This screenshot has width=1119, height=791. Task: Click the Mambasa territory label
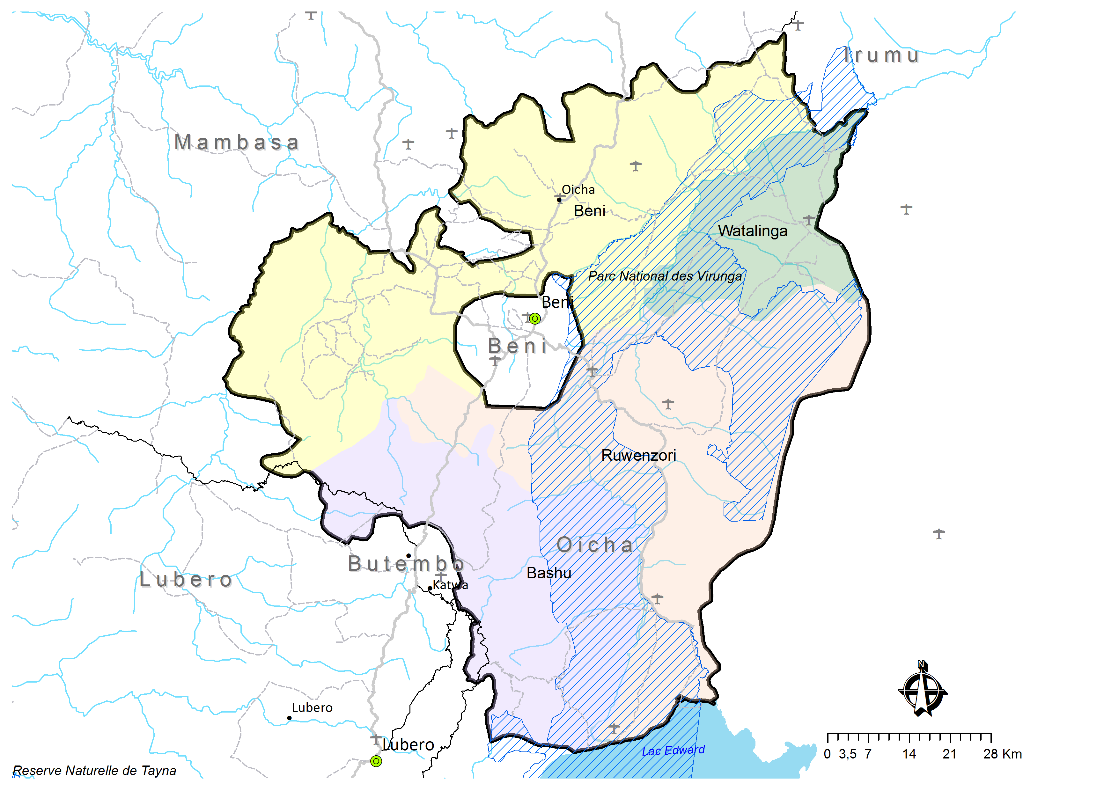click(237, 142)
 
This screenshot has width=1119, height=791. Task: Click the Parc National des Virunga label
click(665, 276)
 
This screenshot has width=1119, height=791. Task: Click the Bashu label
click(549, 573)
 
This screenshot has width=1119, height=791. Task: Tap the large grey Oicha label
click(595, 545)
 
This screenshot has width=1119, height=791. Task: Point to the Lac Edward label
click(673, 751)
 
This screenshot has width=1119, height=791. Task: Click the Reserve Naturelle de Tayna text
click(94, 771)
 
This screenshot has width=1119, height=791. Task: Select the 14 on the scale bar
click(909, 754)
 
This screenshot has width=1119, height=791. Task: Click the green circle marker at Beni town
click(535, 319)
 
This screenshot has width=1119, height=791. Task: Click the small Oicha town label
click(578, 190)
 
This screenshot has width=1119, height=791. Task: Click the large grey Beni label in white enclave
click(518, 346)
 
